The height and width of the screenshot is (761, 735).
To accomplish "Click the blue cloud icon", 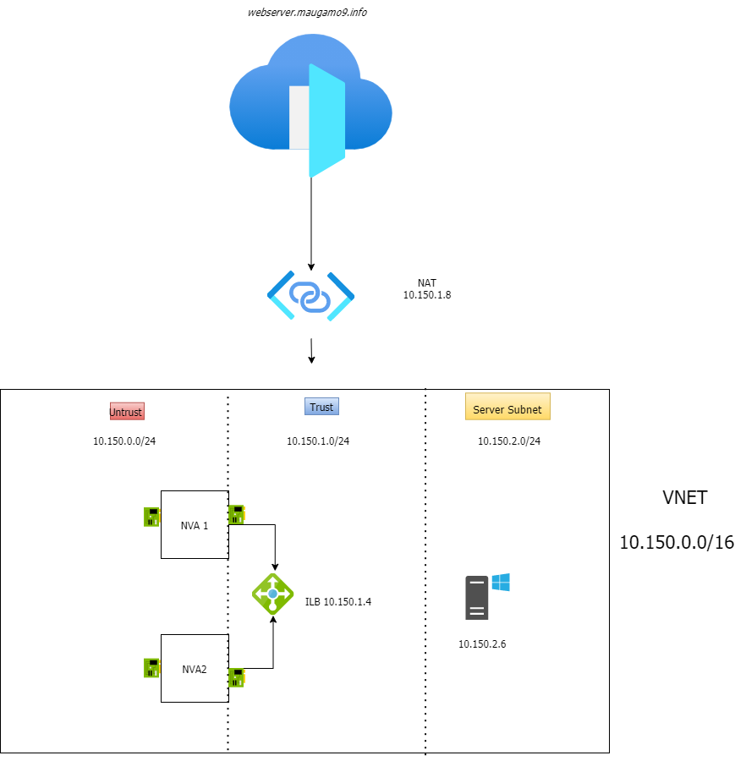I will [x=310, y=106].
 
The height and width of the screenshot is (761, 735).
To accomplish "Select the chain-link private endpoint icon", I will [x=310, y=296].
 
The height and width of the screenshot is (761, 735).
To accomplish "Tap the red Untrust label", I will [x=127, y=412].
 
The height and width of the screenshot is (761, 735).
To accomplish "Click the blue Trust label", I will [x=321, y=407].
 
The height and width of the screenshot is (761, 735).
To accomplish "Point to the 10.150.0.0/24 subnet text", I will [x=124, y=441].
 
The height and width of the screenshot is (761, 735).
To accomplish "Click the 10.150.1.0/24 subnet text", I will [x=318, y=441].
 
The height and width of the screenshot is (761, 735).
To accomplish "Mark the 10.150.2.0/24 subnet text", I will [x=509, y=441].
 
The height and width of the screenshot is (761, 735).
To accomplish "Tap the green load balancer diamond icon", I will [x=272, y=594].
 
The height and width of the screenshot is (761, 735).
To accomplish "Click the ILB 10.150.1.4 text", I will [x=338, y=602].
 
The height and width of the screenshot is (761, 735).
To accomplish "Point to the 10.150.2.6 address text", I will [x=482, y=644].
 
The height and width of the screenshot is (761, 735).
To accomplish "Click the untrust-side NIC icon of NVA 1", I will [x=152, y=517].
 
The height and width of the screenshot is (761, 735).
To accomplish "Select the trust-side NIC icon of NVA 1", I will [x=237, y=514].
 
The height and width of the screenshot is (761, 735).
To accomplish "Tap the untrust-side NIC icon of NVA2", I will [x=152, y=668].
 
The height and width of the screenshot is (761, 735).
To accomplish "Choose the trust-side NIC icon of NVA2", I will [x=237, y=677].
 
